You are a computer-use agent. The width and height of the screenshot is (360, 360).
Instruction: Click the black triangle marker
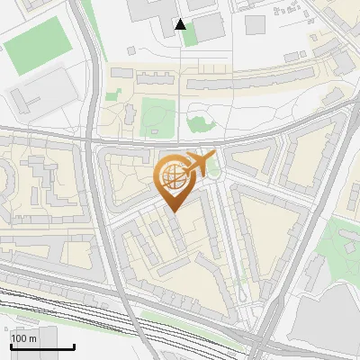coord(181,24)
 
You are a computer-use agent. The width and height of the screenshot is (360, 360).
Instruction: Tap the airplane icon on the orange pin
coord(197,164)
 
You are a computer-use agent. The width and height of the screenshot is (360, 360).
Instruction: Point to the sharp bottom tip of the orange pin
coord(172,211)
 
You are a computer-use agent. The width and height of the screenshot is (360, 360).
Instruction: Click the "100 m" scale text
coord(23,338)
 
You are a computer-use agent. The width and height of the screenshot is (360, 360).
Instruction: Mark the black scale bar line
coord(41,346)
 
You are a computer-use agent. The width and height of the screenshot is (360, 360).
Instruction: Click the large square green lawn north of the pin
coord(157,116)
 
